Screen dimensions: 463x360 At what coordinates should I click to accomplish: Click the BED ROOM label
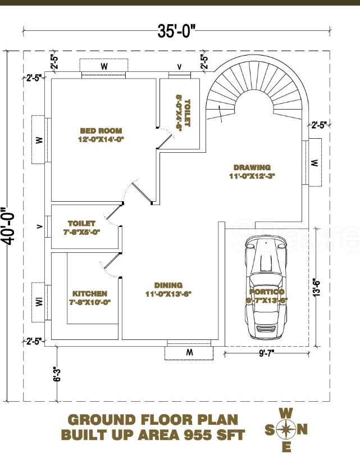(101, 131)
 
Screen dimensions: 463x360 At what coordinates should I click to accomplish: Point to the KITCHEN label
(90, 294)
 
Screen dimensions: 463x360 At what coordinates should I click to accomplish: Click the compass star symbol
(286, 430)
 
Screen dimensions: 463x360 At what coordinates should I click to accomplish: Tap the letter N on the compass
(302, 430)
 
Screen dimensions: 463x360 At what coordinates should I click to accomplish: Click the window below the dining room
(189, 353)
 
